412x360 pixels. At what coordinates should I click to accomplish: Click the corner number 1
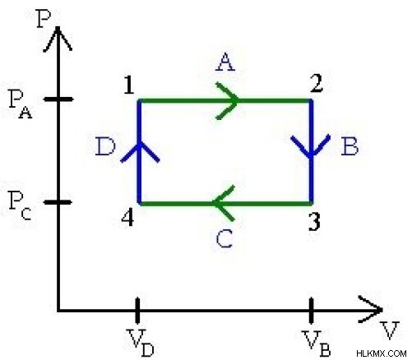(129, 85)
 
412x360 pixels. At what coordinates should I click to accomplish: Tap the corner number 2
(317, 83)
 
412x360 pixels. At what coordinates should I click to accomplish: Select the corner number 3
(314, 222)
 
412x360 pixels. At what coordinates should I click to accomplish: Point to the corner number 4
(127, 219)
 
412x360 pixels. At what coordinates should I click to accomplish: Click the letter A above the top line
(225, 62)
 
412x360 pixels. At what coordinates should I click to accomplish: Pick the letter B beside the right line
(350, 146)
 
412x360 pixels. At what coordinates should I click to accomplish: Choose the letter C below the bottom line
(225, 238)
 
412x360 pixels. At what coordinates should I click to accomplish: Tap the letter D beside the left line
(105, 146)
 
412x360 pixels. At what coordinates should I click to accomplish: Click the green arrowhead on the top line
(228, 101)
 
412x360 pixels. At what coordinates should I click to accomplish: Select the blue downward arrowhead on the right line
(311, 146)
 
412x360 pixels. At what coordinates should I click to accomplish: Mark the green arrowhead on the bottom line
(224, 203)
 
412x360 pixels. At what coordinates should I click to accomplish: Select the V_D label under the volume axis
(141, 343)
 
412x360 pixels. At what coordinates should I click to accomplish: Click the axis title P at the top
(44, 19)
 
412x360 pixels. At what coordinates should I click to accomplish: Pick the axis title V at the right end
(390, 330)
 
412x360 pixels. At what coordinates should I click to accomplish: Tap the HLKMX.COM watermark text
(382, 353)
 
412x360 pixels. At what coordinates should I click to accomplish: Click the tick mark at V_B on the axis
(311, 311)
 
